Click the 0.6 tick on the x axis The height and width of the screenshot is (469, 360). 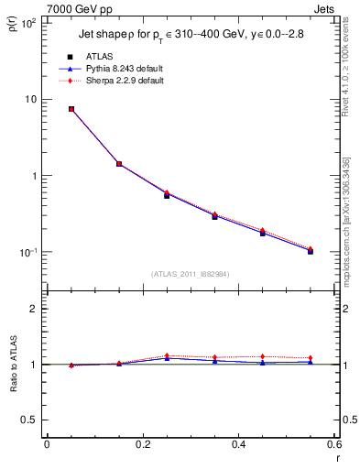click(x=334, y=446)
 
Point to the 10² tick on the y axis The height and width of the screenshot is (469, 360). click(x=27, y=23)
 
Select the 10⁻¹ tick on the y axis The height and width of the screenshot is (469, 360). click(x=27, y=252)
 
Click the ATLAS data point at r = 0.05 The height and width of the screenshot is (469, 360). click(x=71, y=109)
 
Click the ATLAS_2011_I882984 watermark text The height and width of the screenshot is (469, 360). click(x=191, y=274)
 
